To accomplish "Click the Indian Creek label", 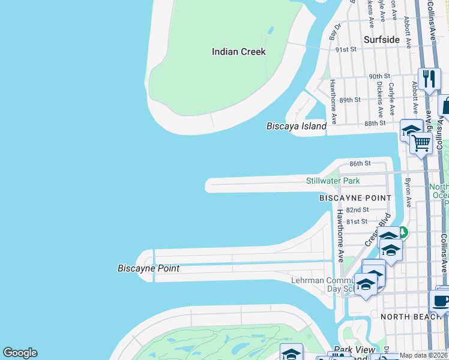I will pos(238,52).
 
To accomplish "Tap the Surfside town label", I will pos(382,40).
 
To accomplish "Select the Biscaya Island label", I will pos(297,127).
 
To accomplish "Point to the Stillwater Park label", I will pos(333,181).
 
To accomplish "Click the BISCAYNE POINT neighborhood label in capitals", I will pos(355,197).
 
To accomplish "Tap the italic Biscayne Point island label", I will pos(148,268).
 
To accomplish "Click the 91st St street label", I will pos(346,49).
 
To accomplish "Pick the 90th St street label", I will pos(379,76).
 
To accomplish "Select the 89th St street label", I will pos(350,100).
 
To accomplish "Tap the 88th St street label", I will pos(375,123).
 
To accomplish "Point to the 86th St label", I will pos(360,163).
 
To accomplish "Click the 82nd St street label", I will pos(357,209).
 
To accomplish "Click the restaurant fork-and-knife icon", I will pos(429,79).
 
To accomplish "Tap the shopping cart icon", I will pos(421,143).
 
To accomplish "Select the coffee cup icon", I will pos(440,301).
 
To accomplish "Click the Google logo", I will pos(20,353).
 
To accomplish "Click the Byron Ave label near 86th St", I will pos(408,193).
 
